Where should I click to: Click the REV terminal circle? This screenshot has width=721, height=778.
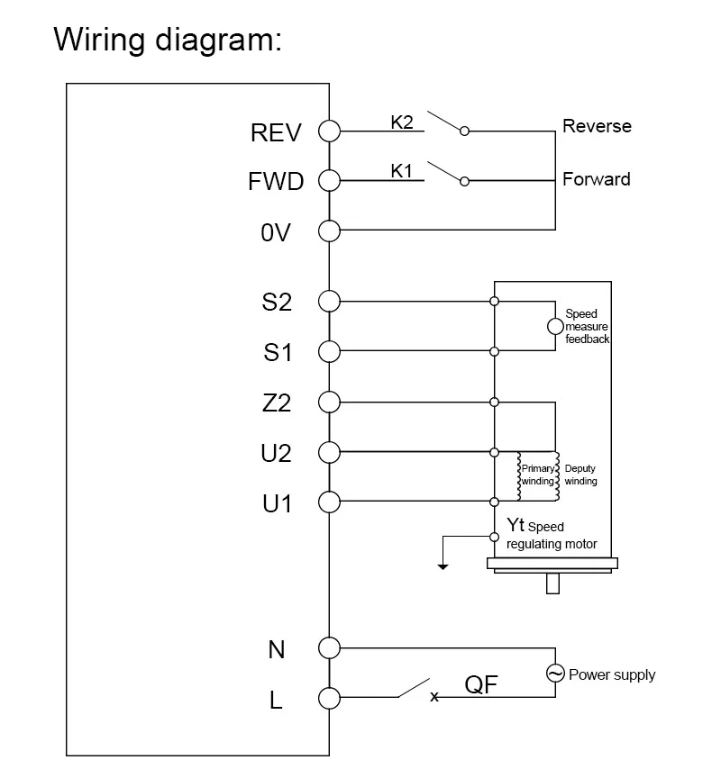329,131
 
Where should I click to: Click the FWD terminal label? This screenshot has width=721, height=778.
276,182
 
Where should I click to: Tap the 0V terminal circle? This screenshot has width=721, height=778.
329,231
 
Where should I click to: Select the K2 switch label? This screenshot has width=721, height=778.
401,122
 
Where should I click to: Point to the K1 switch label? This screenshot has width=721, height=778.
401,170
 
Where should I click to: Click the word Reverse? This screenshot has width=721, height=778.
597,126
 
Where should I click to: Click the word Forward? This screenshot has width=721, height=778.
596,179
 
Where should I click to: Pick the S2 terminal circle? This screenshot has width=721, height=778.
329,301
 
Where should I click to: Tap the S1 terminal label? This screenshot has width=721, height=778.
278,352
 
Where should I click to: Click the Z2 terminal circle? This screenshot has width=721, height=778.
329,402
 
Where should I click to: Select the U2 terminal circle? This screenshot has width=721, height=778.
329,451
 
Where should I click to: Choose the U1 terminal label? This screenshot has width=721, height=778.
278,503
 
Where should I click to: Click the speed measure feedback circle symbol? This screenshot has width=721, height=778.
555,326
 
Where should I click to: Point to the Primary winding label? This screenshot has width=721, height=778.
538,475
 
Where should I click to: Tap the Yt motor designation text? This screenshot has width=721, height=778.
516,526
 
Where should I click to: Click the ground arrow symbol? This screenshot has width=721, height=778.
442,565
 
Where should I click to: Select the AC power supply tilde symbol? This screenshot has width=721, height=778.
555,673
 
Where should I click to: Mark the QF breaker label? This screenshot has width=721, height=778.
481,685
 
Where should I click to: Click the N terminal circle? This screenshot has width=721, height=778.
329,647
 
